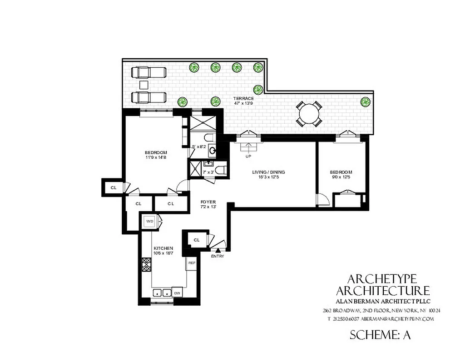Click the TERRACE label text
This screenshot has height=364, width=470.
[x=243, y=98]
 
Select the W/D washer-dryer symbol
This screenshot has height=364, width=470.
[x=149, y=221]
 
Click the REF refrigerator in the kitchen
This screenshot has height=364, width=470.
[x=192, y=263]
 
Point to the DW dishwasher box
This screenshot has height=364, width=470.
[x=177, y=293]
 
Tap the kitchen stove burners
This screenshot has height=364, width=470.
[x=147, y=265]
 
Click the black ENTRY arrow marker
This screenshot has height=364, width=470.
[x=218, y=250]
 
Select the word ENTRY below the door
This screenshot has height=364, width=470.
[x=218, y=256]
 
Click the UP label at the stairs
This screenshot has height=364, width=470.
[x=248, y=156]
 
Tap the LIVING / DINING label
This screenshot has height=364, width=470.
[x=268, y=172]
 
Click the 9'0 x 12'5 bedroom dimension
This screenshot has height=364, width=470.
[x=341, y=177]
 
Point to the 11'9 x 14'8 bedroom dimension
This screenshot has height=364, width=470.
[x=156, y=158]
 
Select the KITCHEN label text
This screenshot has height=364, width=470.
[x=163, y=248]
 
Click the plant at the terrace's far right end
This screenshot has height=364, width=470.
[x=364, y=102]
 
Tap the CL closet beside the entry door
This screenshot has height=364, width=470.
[x=197, y=240]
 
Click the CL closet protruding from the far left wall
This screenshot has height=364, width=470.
[x=114, y=187]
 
